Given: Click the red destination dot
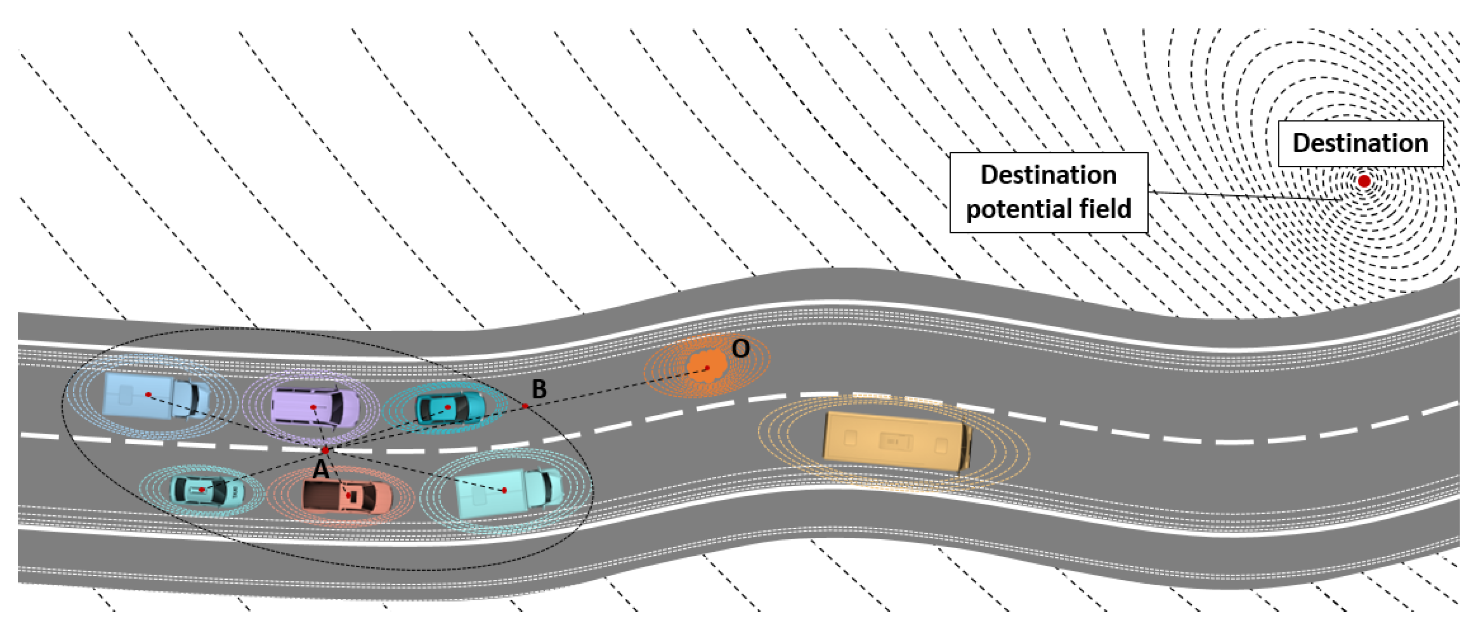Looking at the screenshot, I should click(1364, 181).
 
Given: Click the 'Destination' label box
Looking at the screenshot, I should click(1360, 144).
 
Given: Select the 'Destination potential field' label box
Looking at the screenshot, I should click(1048, 192).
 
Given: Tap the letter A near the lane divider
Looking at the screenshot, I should click(321, 470).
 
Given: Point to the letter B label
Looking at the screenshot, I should click(539, 389).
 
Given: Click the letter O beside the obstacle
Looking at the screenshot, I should click(740, 348).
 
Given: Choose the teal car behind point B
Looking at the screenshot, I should click(450, 407).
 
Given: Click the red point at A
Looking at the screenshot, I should click(325, 450).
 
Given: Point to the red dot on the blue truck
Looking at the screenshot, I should click(148, 395).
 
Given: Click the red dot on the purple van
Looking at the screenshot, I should click(314, 407).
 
